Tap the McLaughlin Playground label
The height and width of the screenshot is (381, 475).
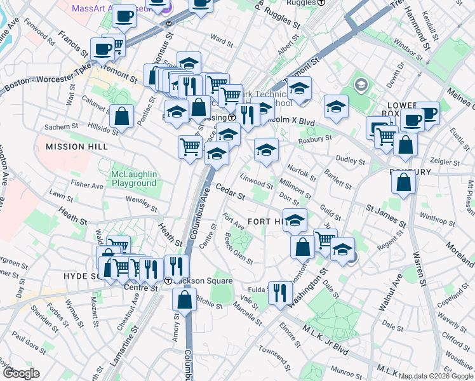pyautogui.click(x=133, y=178)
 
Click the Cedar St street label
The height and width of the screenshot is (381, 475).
pyautogui.click(x=230, y=192)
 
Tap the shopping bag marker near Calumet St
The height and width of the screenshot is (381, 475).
pyautogui.click(x=121, y=117)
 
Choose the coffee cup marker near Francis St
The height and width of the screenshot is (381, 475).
pyautogui.click(x=102, y=49)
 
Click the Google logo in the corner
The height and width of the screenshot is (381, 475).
pyautogui.click(x=21, y=373)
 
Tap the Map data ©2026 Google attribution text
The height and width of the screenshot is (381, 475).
pyautogui.click(x=436, y=376)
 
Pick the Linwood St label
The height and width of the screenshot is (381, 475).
pyautogui.click(x=257, y=182)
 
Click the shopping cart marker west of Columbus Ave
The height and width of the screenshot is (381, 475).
pyautogui.click(x=190, y=147)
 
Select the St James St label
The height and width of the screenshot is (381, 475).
pyautogui.click(x=386, y=215)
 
